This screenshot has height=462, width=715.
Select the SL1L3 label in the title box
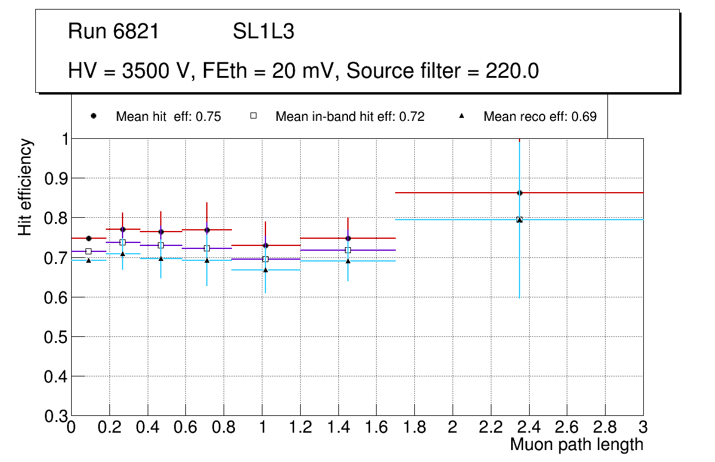263,32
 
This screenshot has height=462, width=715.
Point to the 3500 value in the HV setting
142,71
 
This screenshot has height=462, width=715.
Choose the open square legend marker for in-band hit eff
253,117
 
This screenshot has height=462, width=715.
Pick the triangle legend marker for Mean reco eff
462,117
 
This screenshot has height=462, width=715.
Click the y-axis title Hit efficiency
26,187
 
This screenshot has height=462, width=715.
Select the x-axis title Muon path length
576,445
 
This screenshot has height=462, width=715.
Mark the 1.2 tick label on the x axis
300,427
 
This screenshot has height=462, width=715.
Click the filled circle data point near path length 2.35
520,193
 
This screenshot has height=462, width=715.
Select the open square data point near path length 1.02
265,259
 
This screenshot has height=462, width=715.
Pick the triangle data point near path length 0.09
88,260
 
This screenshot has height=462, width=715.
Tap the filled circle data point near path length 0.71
207,230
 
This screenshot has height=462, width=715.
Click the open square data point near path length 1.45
348,250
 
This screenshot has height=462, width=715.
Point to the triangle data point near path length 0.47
161,259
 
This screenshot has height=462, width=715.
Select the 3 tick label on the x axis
643,427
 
